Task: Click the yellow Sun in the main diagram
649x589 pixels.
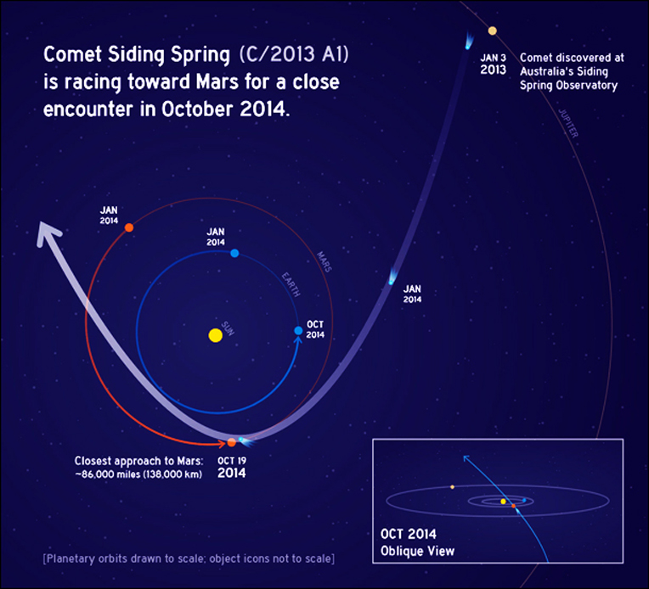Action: pos(215,335)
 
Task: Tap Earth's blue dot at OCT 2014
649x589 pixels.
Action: pos(298,330)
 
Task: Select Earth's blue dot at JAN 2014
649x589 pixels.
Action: pos(234,253)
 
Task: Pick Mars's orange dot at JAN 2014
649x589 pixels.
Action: pos(129,227)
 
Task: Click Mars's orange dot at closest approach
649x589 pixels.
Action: pos(232,442)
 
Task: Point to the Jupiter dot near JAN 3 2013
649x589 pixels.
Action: pos(492,31)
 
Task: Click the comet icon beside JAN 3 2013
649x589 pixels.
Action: pos(469,41)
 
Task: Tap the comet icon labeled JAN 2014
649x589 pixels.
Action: pos(392,277)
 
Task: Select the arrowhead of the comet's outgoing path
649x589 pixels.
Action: pos(48,233)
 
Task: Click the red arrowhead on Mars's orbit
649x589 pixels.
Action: pos(222,443)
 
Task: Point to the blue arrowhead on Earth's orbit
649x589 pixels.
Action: pos(297,340)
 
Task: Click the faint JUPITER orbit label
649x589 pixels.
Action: pos(568,123)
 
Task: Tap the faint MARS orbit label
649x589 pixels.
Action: pos(324,261)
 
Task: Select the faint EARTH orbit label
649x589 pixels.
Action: pos(291,284)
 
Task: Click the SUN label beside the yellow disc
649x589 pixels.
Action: pos(228,328)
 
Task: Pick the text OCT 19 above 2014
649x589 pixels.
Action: pos(232,461)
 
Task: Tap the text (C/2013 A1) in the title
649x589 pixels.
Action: pos(294,54)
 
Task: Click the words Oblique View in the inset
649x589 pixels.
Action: pos(417,551)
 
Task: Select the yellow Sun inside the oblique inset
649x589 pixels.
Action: pos(503,502)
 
